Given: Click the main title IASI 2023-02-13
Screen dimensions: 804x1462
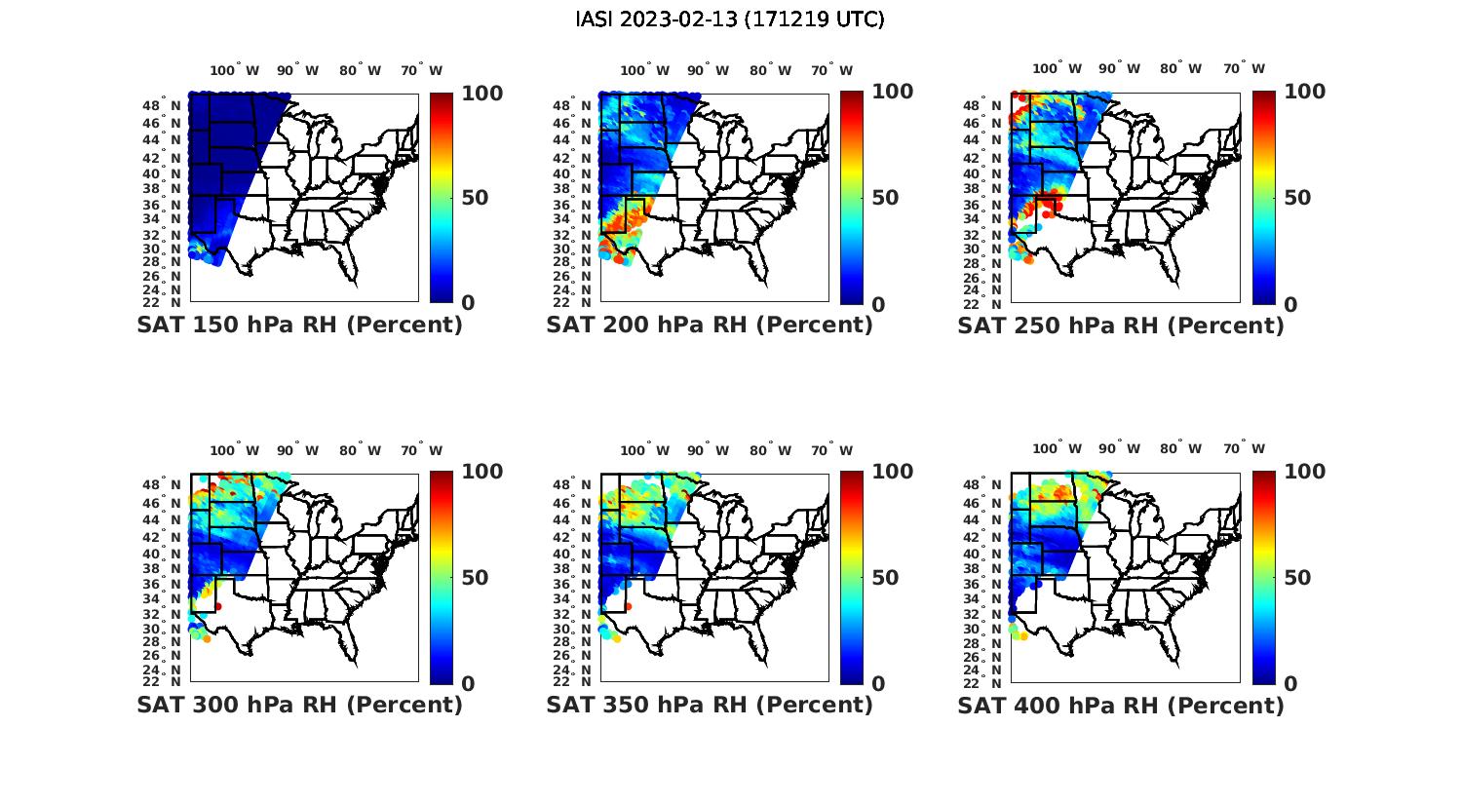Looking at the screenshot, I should click(x=730, y=19).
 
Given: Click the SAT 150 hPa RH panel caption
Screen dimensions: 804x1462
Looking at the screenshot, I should click(x=299, y=325).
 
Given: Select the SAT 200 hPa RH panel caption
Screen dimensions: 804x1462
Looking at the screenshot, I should click(x=710, y=325).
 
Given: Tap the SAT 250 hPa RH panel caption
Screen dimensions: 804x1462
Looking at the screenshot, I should click(x=1121, y=325).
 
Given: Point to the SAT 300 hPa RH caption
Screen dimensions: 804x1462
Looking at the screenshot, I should click(x=299, y=705).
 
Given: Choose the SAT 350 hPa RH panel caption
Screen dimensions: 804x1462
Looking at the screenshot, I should click(x=710, y=705).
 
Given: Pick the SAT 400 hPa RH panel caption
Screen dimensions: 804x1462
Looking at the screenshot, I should click(x=1121, y=705).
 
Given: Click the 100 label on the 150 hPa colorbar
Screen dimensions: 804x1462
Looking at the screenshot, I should click(x=481, y=93).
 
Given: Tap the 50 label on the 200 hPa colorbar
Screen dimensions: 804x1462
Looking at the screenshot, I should click(x=885, y=198).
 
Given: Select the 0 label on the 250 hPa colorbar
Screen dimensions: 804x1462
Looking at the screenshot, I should click(x=1290, y=304).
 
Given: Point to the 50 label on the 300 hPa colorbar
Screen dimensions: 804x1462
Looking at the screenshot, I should click(x=475, y=578).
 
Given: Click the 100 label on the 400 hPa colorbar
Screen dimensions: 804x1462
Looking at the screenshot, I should click(x=1304, y=472).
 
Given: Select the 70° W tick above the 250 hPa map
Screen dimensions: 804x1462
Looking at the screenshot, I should click(x=1244, y=68).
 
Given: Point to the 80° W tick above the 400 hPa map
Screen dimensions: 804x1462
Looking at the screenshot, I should click(x=1180, y=448).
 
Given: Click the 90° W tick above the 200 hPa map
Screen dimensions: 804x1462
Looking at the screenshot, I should click(x=708, y=70).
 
